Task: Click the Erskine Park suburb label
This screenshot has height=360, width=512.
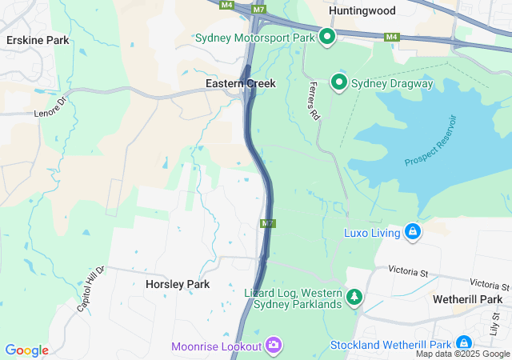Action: point(38,40)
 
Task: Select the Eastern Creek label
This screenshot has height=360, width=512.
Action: point(241,82)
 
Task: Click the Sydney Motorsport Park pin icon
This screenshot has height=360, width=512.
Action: point(327,36)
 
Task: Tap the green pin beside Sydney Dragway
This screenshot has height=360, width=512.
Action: point(339,82)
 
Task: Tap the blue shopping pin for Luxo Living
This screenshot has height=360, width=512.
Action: point(413,232)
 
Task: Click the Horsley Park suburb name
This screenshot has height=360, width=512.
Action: point(178,284)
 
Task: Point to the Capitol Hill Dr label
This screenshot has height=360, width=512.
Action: point(90,289)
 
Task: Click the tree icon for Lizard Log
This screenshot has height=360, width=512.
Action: point(353,298)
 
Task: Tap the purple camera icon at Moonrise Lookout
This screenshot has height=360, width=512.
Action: point(274,345)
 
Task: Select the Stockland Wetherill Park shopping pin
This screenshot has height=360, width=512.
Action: point(464,343)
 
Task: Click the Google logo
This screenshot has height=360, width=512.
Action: point(26,350)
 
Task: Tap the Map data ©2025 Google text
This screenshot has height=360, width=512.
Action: point(462,354)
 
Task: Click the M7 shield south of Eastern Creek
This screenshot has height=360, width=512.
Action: point(267,223)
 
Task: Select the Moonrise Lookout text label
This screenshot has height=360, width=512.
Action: point(216,346)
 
